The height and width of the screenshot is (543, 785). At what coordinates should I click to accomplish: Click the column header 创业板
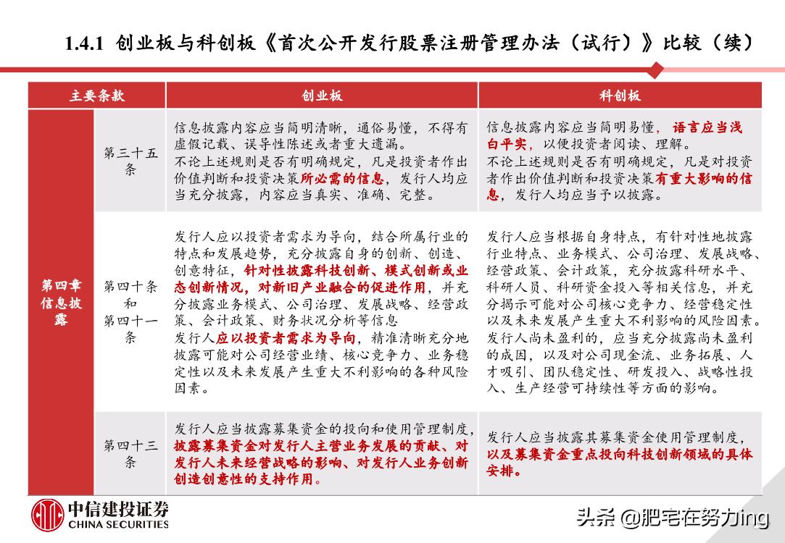pos(322,96)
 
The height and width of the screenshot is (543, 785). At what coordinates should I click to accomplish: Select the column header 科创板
pos(620,96)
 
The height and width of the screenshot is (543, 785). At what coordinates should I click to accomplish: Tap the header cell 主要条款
pos(97,96)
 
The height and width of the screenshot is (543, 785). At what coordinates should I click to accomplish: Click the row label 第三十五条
pos(130,161)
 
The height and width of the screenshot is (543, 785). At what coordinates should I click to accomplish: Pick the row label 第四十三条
pos(130,453)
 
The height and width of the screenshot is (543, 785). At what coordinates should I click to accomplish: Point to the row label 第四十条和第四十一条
pos(130,311)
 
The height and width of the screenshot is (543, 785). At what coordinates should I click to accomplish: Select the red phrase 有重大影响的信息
pos(699,178)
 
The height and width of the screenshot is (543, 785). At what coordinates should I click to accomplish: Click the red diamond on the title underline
pos(656,70)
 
